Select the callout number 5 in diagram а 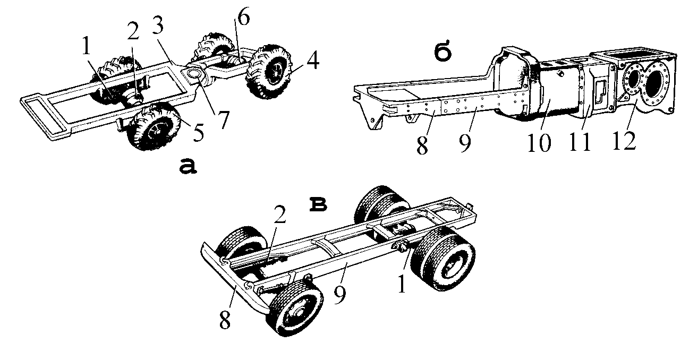[x=198, y=133]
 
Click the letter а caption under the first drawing [x=188, y=167]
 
